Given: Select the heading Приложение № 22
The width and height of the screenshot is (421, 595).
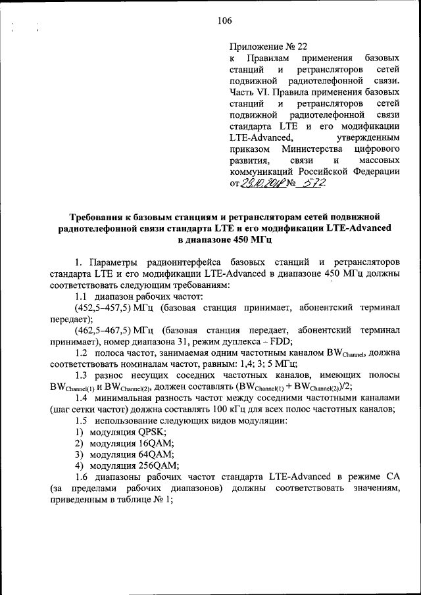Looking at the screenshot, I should click(268, 47).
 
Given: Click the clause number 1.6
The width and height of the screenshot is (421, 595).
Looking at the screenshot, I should click(83, 477).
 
